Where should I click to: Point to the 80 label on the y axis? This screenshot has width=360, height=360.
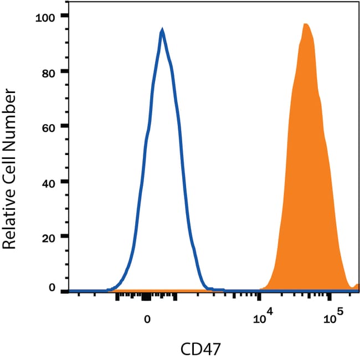click(x=50, y=71)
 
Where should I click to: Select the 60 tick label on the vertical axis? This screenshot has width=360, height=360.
click(x=50, y=126)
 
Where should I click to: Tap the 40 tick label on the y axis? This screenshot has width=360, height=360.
click(x=50, y=181)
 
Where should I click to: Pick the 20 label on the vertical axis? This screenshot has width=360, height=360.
click(x=50, y=236)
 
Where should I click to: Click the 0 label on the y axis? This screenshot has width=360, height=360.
click(x=53, y=287)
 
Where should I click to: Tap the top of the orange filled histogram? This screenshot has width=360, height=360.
click(x=305, y=24)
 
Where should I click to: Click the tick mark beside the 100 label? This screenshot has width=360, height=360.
click(x=65, y=17)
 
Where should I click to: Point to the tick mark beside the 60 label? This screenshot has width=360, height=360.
click(x=65, y=126)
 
